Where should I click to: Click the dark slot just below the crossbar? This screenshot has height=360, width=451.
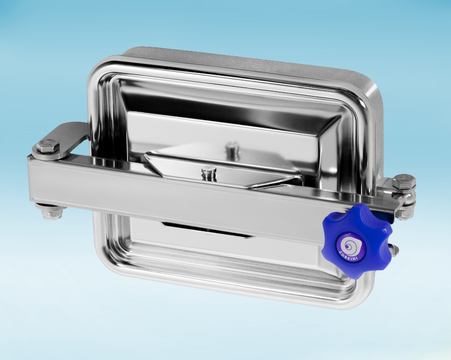click(x=207, y=229)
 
